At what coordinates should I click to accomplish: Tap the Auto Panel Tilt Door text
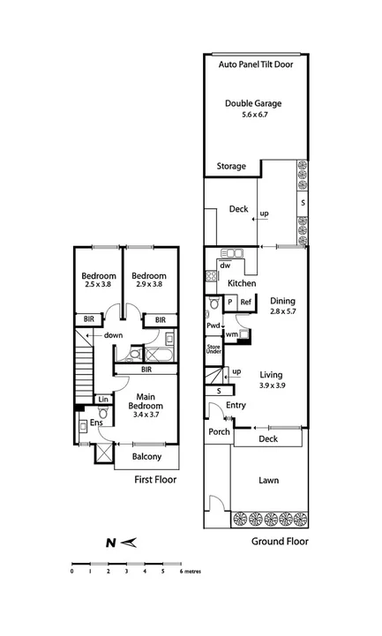[x=257, y=65]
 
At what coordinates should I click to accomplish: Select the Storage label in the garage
[x=232, y=166]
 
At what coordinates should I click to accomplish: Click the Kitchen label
[x=242, y=283]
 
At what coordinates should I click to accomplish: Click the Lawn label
[x=268, y=482]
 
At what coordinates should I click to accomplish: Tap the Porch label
[x=218, y=432]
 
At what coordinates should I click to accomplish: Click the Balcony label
[x=146, y=457]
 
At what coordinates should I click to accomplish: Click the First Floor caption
[x=155, y=480]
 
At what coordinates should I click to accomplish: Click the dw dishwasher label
[x=226, y=265]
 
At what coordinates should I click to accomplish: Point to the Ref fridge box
[x=246, y=303]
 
